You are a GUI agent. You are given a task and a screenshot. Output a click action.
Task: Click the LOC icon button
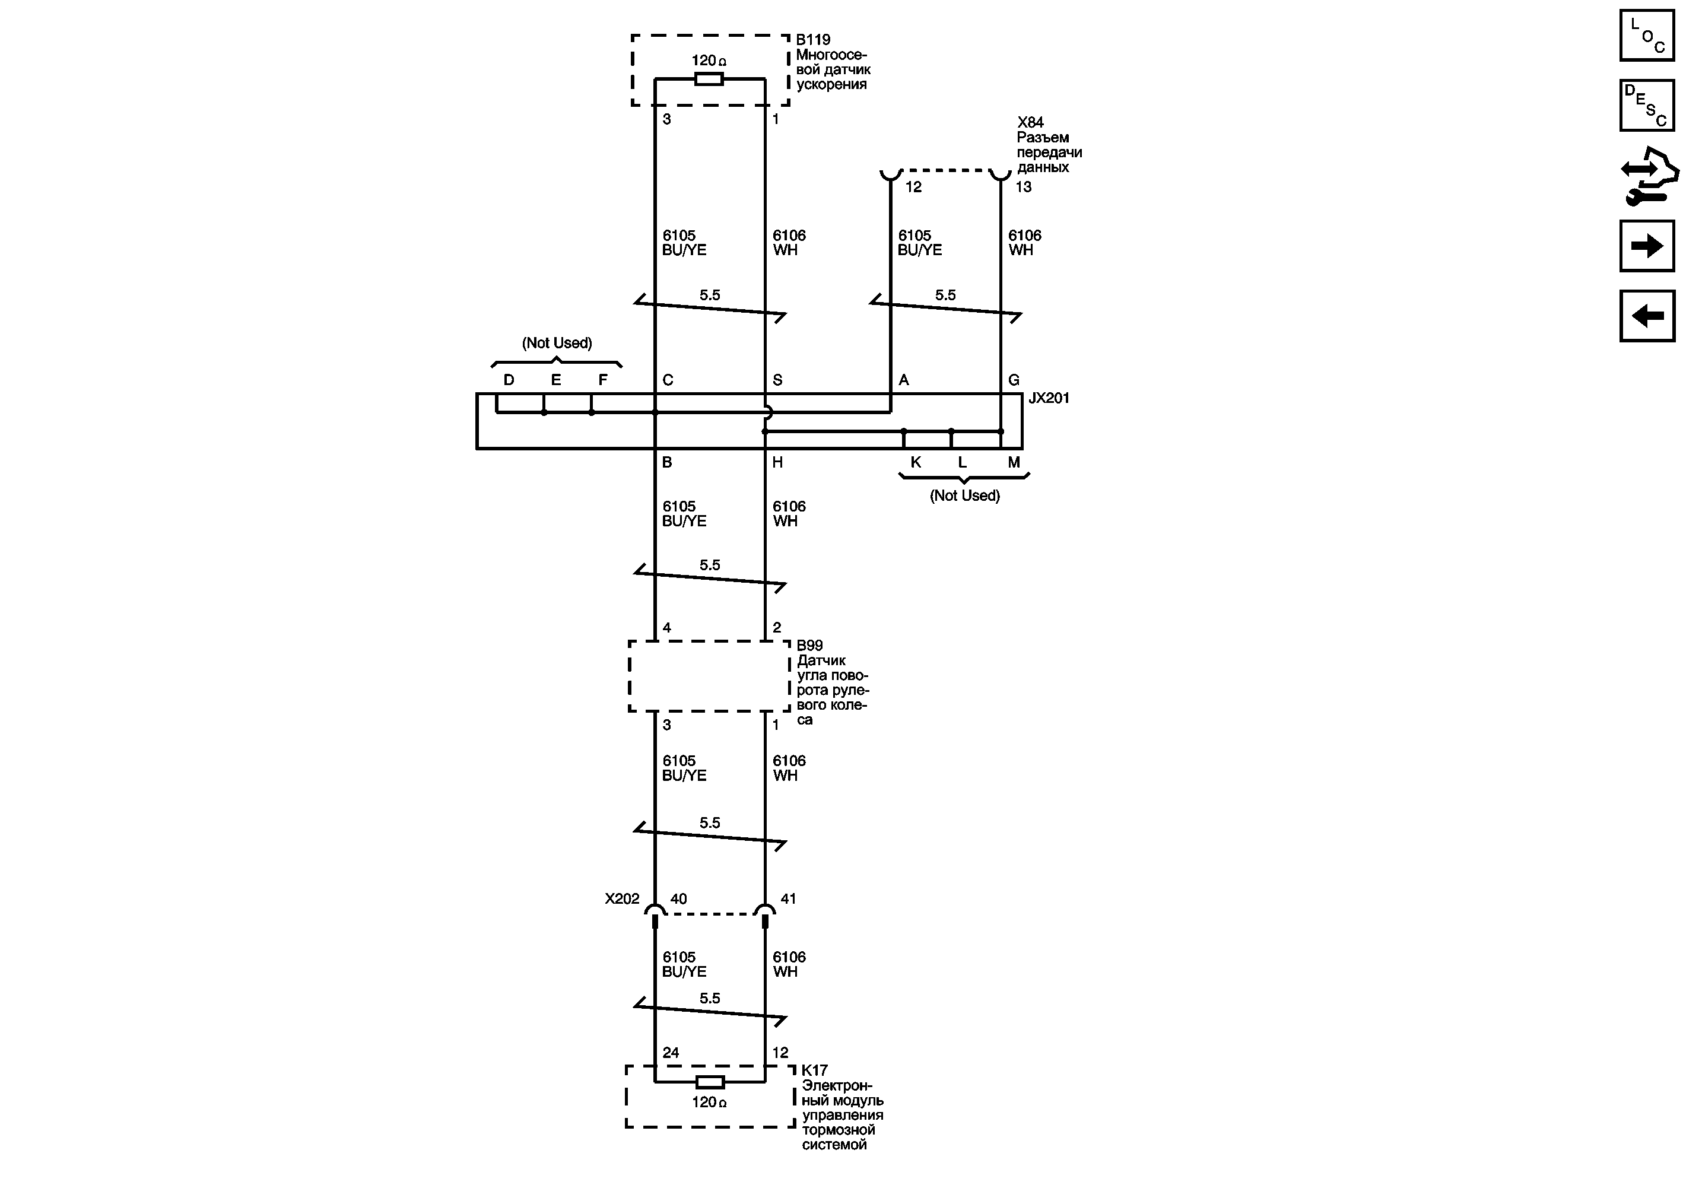1647,35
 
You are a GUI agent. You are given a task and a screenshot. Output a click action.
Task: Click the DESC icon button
1647,106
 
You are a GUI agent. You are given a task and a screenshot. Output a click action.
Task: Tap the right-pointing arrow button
1647,246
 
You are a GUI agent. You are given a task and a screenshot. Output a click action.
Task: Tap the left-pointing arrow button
1647,316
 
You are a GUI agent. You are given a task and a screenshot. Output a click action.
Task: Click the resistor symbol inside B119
709,78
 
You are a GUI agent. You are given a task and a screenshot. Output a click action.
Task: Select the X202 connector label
621,898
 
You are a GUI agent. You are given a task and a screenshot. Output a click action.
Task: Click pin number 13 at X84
1023,187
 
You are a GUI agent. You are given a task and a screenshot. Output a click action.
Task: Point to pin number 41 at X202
788,898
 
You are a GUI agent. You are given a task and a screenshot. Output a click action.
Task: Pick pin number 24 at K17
671,1052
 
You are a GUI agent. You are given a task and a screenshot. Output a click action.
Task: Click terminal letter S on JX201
778,380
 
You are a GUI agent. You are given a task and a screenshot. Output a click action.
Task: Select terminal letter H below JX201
778,462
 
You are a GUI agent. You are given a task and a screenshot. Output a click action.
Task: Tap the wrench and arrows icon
1649,176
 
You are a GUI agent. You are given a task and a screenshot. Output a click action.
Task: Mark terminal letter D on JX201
509,380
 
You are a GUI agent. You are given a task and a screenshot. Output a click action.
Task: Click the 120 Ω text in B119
709,61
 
